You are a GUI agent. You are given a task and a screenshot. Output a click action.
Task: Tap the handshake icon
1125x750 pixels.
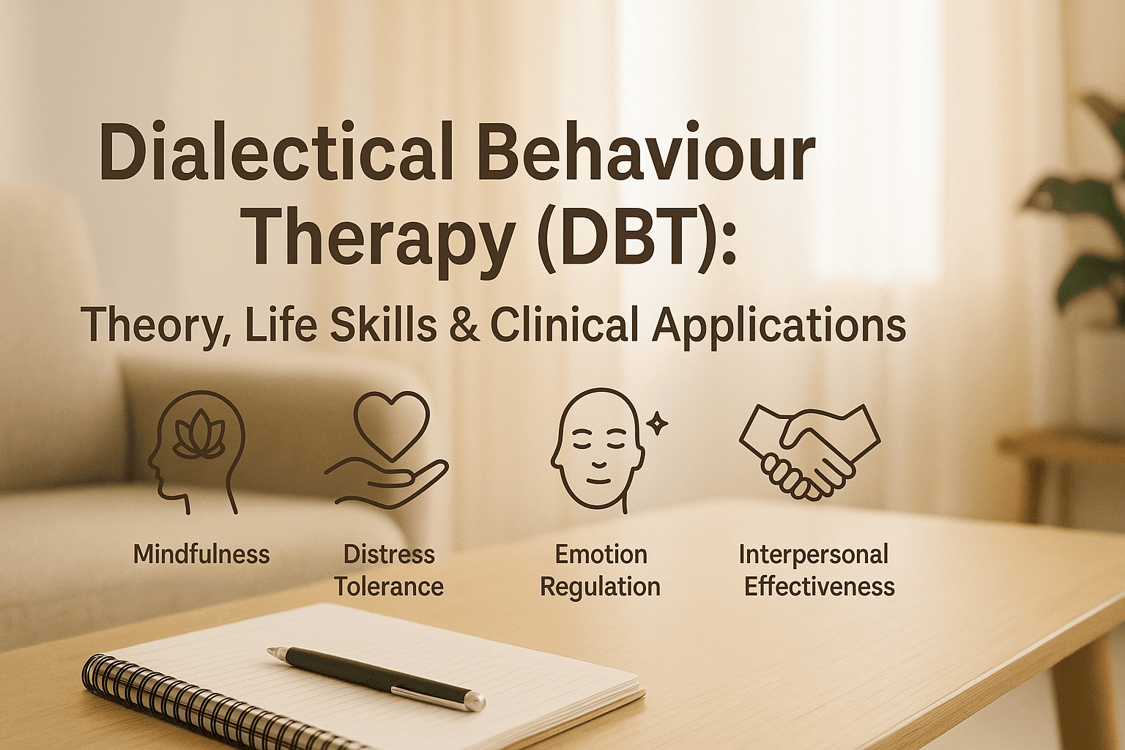point(809,450)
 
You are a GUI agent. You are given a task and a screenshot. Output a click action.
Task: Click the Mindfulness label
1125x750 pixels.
point(201,554)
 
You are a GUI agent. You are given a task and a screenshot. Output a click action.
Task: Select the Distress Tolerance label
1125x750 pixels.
point(389,571)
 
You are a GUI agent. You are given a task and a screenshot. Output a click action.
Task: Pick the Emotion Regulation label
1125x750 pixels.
point(601,571)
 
